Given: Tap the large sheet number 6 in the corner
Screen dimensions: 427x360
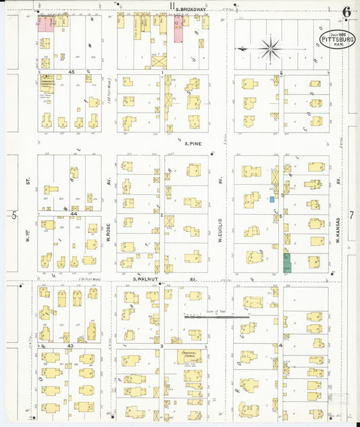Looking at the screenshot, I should point(346,11).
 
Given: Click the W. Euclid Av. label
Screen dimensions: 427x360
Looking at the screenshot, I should point(220,225).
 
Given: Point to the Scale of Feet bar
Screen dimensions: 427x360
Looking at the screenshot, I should point(216,314).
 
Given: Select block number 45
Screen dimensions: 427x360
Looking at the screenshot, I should point(70,72).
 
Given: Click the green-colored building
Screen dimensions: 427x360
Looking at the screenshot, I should point(286,262).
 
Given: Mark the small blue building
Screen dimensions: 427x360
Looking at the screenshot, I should point(272,199).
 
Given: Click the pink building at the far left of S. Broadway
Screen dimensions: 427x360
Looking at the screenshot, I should point(45,24).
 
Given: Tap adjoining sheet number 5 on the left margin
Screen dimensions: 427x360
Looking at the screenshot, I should point(14,216).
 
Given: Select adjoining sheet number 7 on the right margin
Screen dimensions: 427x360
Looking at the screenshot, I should point(351,216).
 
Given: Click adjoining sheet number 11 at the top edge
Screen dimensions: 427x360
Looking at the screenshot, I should point(172,6).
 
